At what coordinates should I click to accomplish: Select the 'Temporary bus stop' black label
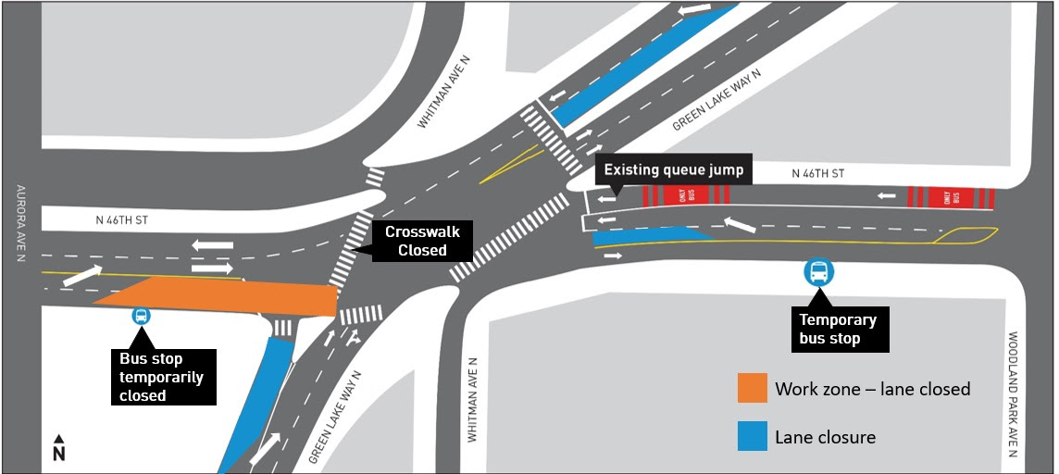click(839, 330)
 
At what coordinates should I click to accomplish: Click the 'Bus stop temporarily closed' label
click(162, 377)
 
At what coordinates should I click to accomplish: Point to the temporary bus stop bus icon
click(819, 271)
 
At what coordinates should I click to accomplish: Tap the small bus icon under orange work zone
click(141, 316)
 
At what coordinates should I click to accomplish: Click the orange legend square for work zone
click(752, 389)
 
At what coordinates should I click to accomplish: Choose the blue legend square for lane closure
click(752, 437)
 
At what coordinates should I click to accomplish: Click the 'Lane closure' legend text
click(825, 437)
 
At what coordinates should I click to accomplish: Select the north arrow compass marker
click(58, 448)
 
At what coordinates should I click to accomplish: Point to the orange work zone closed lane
click(222, 296)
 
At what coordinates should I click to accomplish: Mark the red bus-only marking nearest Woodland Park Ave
click(951, 197)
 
